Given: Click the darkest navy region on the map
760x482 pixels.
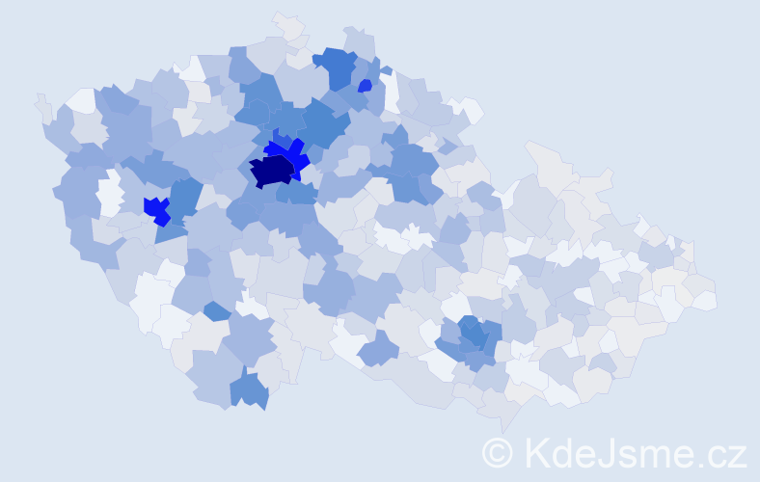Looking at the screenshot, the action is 271,171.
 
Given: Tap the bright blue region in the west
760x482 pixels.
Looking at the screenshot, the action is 154,207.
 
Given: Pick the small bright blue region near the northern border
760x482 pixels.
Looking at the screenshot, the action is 365,86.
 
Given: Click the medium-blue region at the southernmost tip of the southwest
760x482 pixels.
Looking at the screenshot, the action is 250,390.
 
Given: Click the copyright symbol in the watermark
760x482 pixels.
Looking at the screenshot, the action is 498,451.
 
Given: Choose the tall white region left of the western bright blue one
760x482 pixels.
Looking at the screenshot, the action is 110,192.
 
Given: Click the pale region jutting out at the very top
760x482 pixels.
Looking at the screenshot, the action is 288,26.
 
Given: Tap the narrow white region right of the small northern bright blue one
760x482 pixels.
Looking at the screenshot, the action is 392,91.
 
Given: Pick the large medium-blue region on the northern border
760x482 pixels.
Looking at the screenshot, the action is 335,66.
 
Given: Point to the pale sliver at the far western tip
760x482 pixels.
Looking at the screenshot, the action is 41,103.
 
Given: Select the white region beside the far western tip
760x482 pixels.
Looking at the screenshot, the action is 81,100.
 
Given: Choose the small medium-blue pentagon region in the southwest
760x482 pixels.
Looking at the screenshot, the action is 217,310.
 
